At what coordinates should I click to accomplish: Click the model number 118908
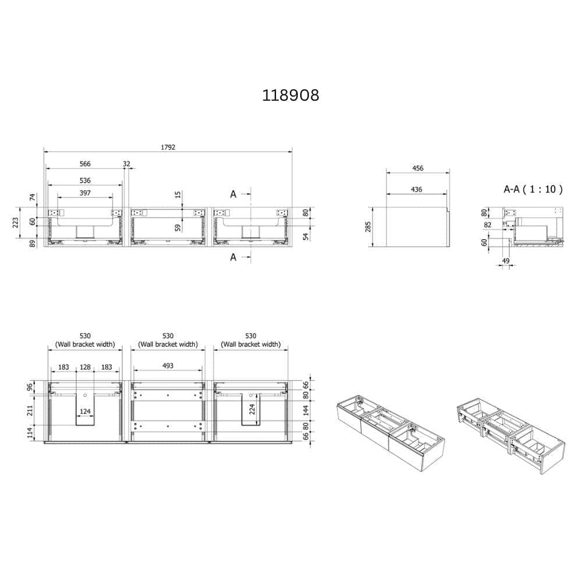point(290,95)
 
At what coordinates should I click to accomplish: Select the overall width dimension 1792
point(168,147)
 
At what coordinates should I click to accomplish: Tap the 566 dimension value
point(85,164)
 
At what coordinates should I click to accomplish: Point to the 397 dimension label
point(85,193)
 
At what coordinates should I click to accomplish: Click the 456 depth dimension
point(417,168)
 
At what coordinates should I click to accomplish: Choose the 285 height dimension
point(368,227)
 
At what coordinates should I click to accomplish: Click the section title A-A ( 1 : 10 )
point(533,189)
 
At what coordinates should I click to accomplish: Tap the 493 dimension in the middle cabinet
point(168,365)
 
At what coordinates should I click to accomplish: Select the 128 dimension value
point(85,367)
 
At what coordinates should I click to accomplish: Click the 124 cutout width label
point(86,411)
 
